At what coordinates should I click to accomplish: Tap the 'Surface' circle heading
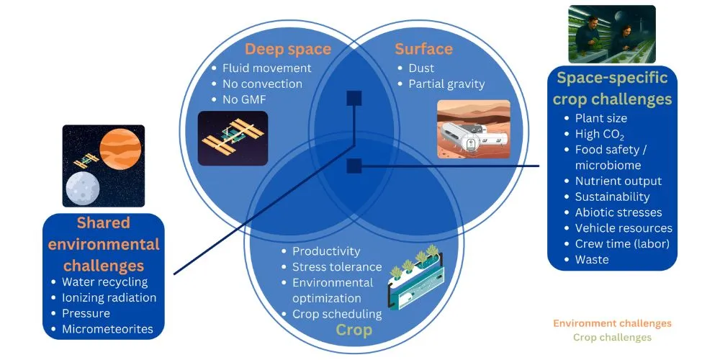[423, 49]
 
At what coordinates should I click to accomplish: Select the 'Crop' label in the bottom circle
[354, 330]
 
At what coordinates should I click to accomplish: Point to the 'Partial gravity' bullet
[446, 84]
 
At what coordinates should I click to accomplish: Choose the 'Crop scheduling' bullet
[337, 314]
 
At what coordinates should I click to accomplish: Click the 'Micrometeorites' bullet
[107, 330]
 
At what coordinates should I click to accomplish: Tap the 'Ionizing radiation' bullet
[109, 298]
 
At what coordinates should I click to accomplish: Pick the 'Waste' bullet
[591, 260]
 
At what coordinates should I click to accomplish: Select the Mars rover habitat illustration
[473, 129]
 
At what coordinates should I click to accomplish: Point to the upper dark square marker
[354, 98]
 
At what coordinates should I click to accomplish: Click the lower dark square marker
[354, 166]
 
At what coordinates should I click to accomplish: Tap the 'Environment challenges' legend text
[612, 324]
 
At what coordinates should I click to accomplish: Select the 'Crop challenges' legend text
[612, 337]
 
